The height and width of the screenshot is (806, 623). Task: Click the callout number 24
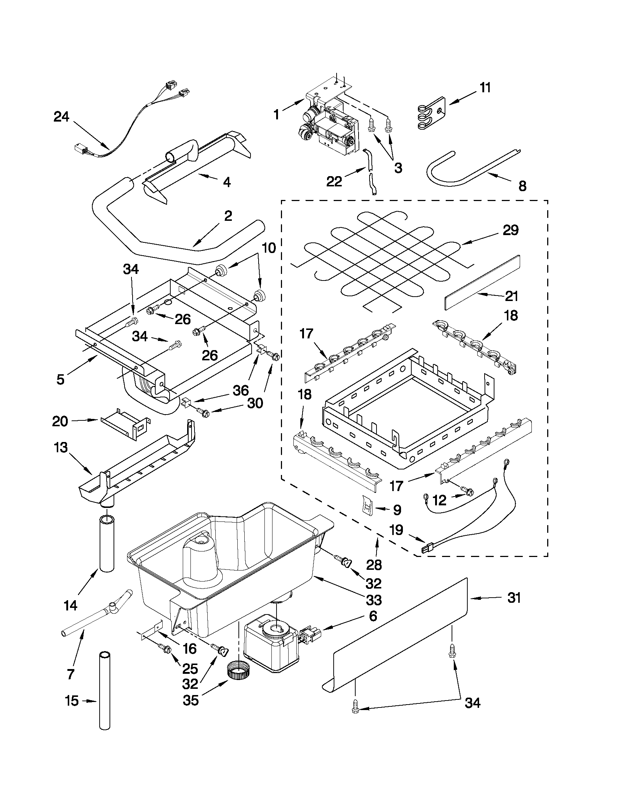[61, 117]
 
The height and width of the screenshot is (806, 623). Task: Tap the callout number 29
[511, 230]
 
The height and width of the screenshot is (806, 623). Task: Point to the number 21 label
[512, 296]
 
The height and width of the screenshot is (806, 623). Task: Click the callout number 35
[191, 700]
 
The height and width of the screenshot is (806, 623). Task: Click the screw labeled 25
[164, 658]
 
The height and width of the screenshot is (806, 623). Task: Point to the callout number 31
[514, 598]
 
